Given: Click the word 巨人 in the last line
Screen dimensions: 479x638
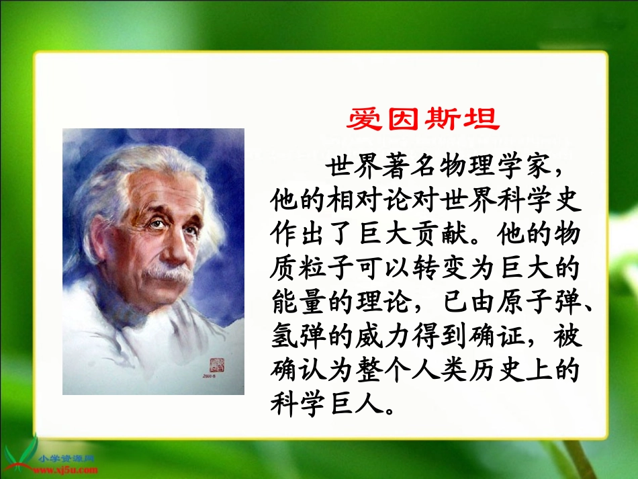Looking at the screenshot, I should point(353,404).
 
